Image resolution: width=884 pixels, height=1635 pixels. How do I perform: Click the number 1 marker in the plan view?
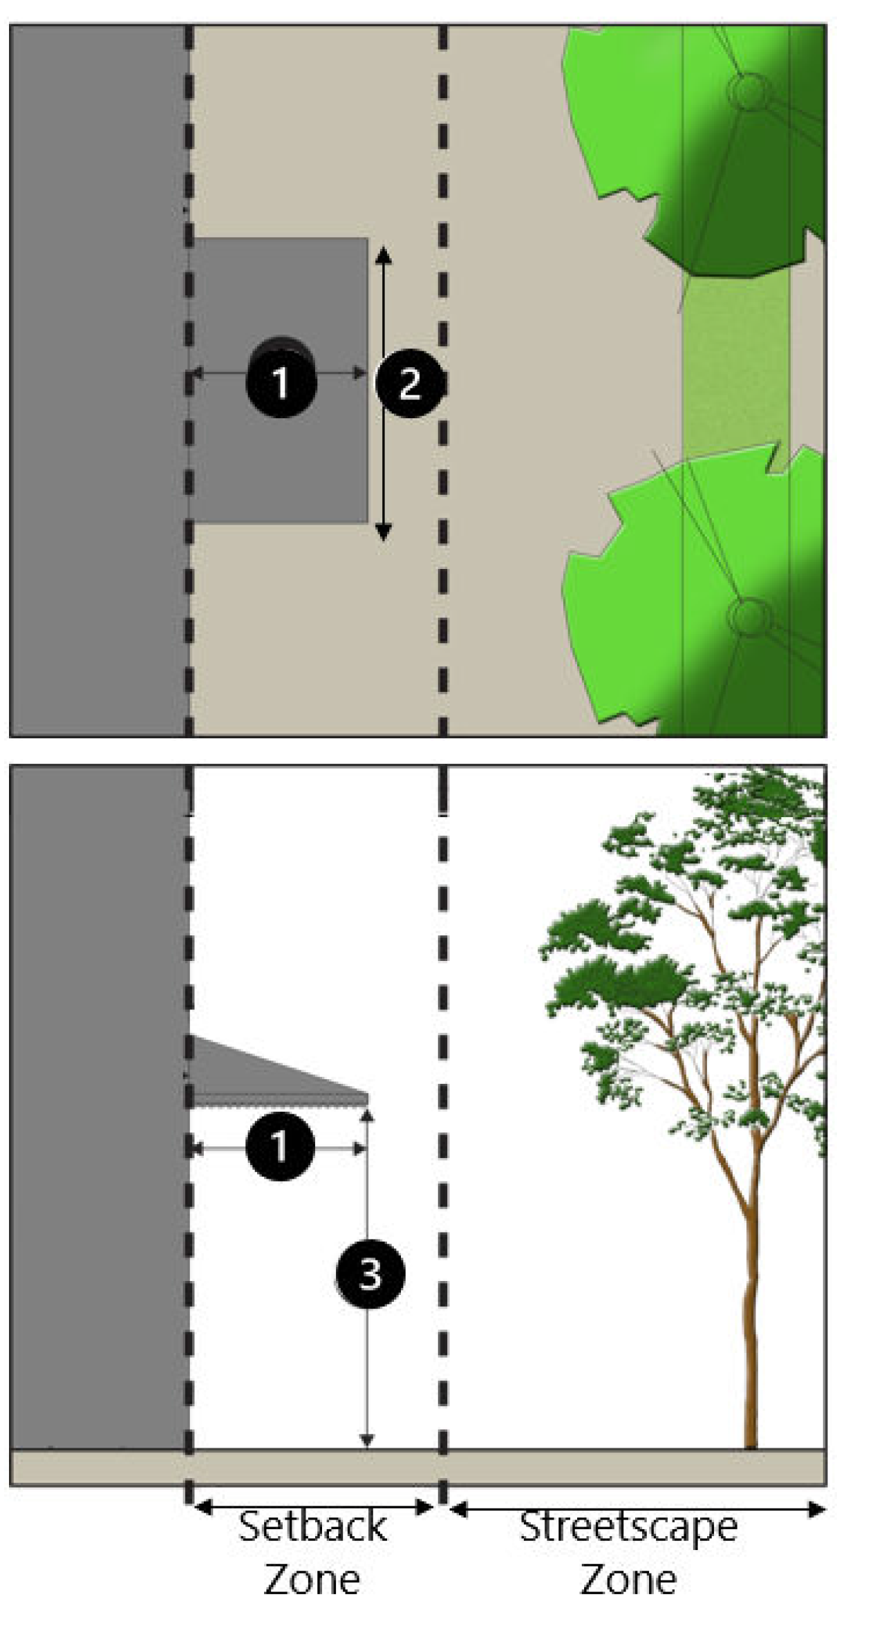pyautogui.click(x=281, y=382)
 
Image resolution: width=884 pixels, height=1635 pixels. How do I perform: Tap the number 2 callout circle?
pyautogui.click(x=409, y=382)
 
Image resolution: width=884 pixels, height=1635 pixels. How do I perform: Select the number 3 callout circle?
pyautogui.click(x=369, y=1273)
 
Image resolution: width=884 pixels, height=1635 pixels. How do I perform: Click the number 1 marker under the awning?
pyautogui.click(x=280, y=1146)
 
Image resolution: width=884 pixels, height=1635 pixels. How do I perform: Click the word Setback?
pyautogui.click(x=312, y=1526)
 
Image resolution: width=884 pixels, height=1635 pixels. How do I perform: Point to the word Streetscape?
pyautogui.click(x=628, y=1526)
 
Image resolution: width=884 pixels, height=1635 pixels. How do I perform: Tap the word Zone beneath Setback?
pyautogui.click(x=312, y=1579)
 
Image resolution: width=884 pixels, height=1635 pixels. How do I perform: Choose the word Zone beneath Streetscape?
pyautogui.click(x=628, y=1579)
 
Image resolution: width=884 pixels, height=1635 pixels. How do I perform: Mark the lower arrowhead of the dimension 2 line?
pyautogui.click(x=384, y=532)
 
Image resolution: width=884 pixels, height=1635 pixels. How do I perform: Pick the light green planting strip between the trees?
pyautogui.click(x=735, y=366)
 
